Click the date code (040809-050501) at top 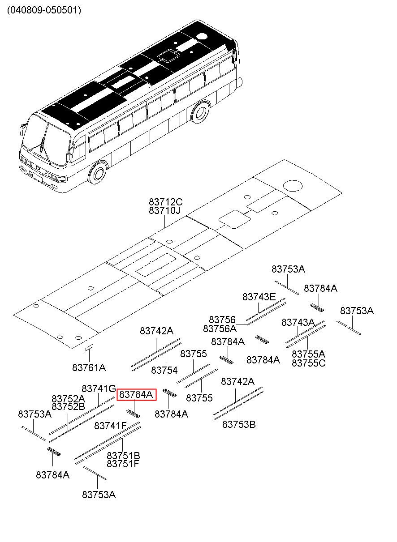point(44,10)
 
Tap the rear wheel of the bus point(201,112)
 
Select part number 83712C point(166,202)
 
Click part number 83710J point(164,210)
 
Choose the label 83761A point(89,367)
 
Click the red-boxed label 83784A point(136,394)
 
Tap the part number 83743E point(259,297)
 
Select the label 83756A point(220,329)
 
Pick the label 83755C point(308,363)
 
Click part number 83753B point(239,424)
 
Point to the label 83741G point(99,388)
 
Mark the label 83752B point(68,407)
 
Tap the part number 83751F point(123,464)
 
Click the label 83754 point(164,370)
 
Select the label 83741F point(110,426)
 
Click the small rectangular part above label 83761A point(89,346)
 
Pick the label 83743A point(298,322)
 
